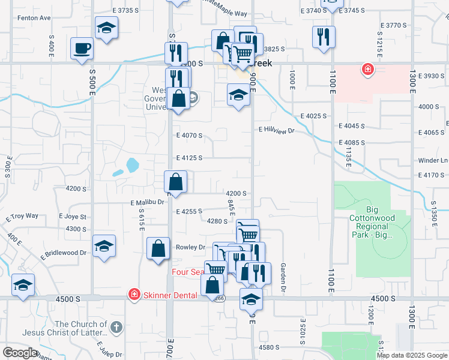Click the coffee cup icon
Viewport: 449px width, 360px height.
coord(82,48)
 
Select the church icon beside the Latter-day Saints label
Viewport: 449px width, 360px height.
coord(117,328)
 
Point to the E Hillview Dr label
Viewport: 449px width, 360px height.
coord(277,130)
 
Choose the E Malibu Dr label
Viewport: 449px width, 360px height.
coord(147,203)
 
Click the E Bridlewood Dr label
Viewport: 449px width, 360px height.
coord(64,254)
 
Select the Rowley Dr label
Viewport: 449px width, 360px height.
coord(190,247)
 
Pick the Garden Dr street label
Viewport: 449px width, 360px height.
coord(282,275)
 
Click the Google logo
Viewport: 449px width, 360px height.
coord(20,353)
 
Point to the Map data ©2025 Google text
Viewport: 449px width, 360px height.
coord(412,355)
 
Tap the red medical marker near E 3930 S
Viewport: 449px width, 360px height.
coord(367,71)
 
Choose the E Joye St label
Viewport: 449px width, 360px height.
coord(73,216)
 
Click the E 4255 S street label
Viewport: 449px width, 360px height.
coord(189,211)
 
